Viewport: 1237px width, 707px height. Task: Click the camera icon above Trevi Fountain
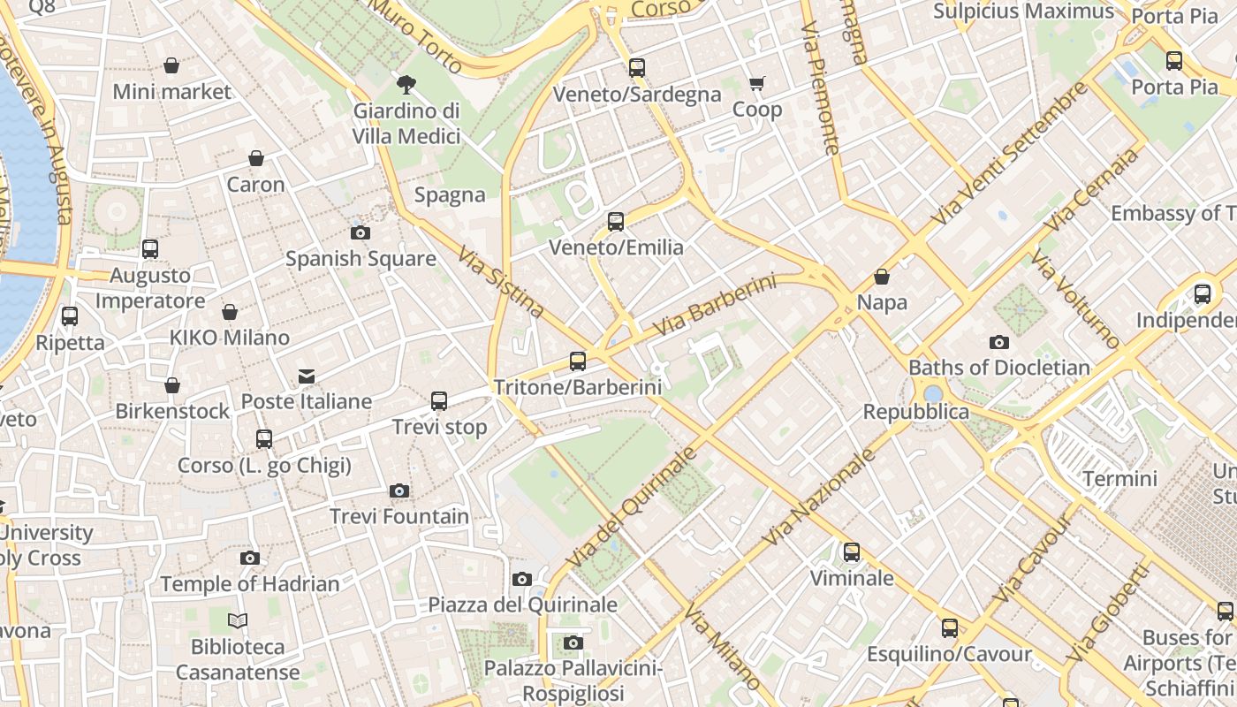(399, 490)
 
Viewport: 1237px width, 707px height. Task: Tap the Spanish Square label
(360, 259)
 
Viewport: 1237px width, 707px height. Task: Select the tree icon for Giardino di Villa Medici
(406, 85)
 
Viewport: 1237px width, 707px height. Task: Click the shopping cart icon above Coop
(757, 84)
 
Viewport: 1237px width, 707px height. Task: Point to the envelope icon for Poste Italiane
(307, 376)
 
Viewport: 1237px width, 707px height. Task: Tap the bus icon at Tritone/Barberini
(578, 361)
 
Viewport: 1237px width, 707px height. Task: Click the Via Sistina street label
(501, 282)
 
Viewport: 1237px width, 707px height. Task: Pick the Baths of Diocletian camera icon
(999, 342)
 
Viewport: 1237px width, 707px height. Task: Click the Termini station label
(1119, 479)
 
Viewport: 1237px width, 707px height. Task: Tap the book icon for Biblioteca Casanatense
(238, 620)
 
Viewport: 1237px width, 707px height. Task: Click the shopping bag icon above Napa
(882, 277)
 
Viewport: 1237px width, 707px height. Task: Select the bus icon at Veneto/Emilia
(616, 222)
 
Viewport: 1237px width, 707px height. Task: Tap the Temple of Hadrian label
(250, 584)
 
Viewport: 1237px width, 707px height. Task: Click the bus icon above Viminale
(852, 552)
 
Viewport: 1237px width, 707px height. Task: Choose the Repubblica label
(915, 412)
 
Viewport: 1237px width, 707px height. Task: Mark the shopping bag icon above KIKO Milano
(230, 312)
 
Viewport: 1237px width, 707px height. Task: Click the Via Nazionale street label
(819, 497)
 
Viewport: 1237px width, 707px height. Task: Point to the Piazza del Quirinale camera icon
(522, 579)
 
